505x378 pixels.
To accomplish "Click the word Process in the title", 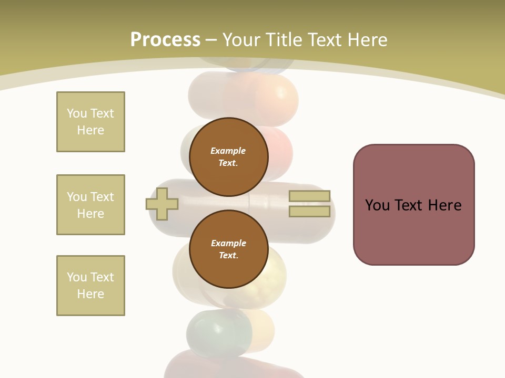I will coord(165,40).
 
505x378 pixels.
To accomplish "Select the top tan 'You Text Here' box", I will coord(90,122).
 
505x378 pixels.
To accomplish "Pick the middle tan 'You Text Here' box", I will coord(90,205).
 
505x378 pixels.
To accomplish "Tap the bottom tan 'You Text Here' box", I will coord(90,286).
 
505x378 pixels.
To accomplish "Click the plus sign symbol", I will coord(162,204).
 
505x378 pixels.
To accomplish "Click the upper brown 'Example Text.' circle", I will coord(228,157).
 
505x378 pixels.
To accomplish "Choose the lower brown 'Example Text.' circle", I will coord(228,249).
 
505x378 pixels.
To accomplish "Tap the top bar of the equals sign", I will coord(310,196).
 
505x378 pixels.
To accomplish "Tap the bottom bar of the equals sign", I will coord(310,211).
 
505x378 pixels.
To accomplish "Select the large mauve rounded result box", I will coord(413,231).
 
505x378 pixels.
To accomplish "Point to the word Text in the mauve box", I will coord(413,205).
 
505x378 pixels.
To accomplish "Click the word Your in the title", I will coord(240,40).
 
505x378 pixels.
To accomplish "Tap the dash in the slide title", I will coord(211,40).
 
